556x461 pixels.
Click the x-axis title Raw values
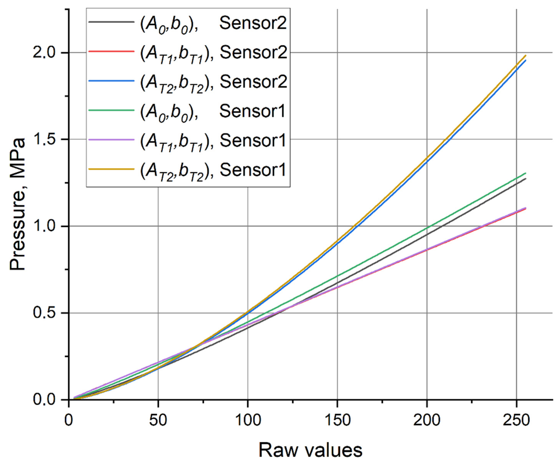pyautogui.click(x=310, y=450)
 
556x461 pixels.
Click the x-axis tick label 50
pyautogui.click(x=158, y=420)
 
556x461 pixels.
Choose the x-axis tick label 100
pyautogui.click(x=248, y=420)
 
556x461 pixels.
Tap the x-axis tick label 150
pyautogui.click(x=337, y=420)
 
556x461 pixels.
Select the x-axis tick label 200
pyautogui.click(x=427, y=420)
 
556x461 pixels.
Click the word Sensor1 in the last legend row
pyautogui.click(x=253, y=170)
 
